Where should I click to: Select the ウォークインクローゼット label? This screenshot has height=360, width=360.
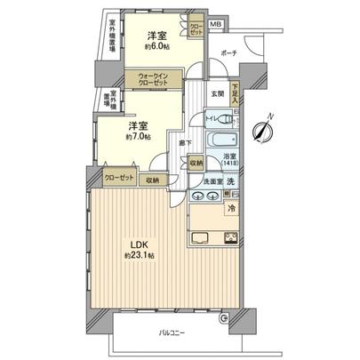click(x=156, y=82)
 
